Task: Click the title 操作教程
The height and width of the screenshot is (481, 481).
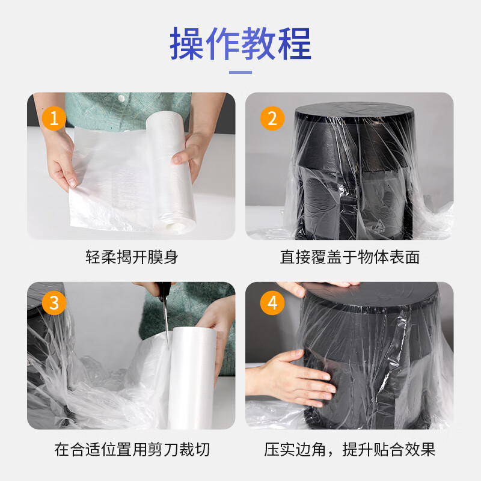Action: click(240, 43)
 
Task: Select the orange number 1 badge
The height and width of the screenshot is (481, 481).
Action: click(54, 118)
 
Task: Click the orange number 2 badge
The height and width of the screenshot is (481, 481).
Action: click(272, 118)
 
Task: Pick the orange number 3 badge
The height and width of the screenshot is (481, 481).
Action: click(54, 302)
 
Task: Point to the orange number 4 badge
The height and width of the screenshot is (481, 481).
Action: click(272, 302)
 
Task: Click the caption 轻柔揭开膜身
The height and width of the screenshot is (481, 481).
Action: click(132, 257)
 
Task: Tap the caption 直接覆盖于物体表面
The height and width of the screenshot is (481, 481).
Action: click(349, 257)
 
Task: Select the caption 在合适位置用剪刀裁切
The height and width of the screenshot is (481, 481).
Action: click(132, 449)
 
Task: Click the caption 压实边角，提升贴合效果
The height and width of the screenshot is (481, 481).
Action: click(349, 449)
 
